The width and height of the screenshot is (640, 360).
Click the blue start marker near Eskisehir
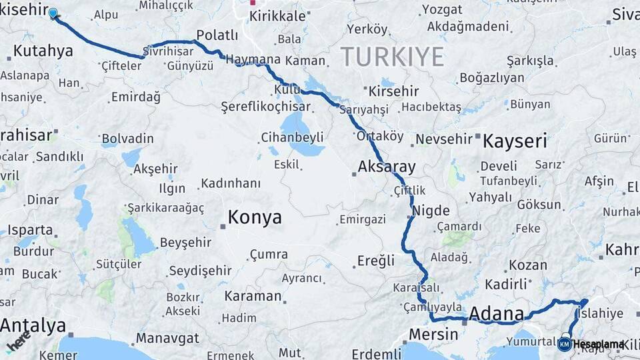coord(53,13)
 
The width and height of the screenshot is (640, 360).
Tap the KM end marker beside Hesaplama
coord(564,344)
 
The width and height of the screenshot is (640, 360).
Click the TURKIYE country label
coord(392,57)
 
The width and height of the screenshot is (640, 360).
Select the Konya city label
coord(255,217)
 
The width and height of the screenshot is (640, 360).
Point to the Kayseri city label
coord(514,141)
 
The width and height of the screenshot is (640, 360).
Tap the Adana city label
coord(497,314)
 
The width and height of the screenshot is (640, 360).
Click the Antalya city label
coord(33,326)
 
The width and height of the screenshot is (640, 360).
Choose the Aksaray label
coord(387,167)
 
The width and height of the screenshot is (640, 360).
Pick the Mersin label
coord(433,334)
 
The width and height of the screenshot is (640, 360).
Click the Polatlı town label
coord(217,35)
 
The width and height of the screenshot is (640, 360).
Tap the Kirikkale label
coord(277,15)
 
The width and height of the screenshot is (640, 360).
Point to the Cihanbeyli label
coord(292,138)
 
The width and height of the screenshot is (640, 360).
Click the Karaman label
coord(253,296)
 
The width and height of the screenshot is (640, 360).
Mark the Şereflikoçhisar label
coord(265,107)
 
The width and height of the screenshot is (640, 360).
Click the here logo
coord(19,344)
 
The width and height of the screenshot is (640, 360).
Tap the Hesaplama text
coord(598,344)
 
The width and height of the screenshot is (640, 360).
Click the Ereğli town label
coord(376,261)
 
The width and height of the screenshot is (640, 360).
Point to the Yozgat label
coord(441,9)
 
